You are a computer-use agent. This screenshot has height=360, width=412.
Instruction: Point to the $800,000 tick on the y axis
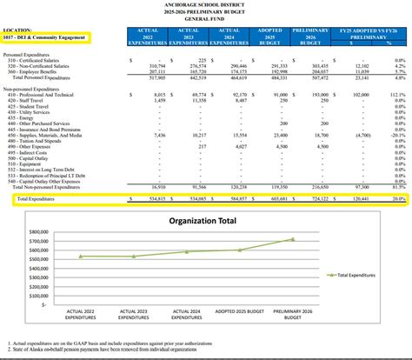[40, 232]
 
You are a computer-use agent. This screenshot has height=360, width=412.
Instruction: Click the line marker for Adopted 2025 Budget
[242, 250]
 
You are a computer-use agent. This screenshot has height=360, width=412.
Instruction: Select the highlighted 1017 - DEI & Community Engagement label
[58, 37]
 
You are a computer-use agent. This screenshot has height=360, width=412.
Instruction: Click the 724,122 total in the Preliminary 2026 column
[316, 198]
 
